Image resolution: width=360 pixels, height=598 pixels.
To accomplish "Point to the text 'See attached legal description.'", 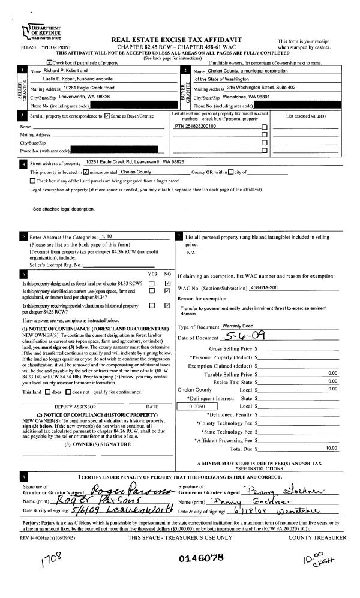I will pyautogui.click(x=64, y=209).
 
